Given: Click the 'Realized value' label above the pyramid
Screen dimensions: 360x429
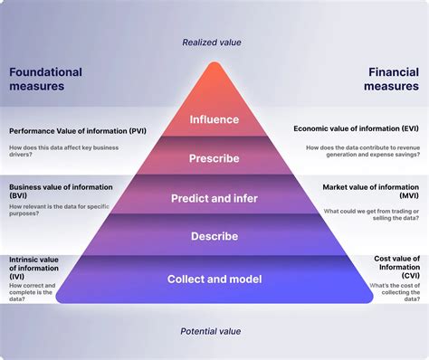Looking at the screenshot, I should pos(213,42).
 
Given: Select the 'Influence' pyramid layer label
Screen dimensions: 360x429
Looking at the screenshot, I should pos(214,119).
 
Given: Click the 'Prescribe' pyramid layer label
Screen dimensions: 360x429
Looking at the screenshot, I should pos(214,158).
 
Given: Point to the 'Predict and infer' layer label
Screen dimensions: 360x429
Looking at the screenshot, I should pos(214,198).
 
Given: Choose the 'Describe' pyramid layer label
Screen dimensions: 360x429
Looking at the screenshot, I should pos(214,236).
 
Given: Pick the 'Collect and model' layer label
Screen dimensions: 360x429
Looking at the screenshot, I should pos(214,279).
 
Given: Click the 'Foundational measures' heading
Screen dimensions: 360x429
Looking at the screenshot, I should pos(45,80).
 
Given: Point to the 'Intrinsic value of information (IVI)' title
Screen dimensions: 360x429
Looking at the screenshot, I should pos(37,263).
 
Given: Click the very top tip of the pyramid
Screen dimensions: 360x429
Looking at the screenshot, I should pos(214,63).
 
